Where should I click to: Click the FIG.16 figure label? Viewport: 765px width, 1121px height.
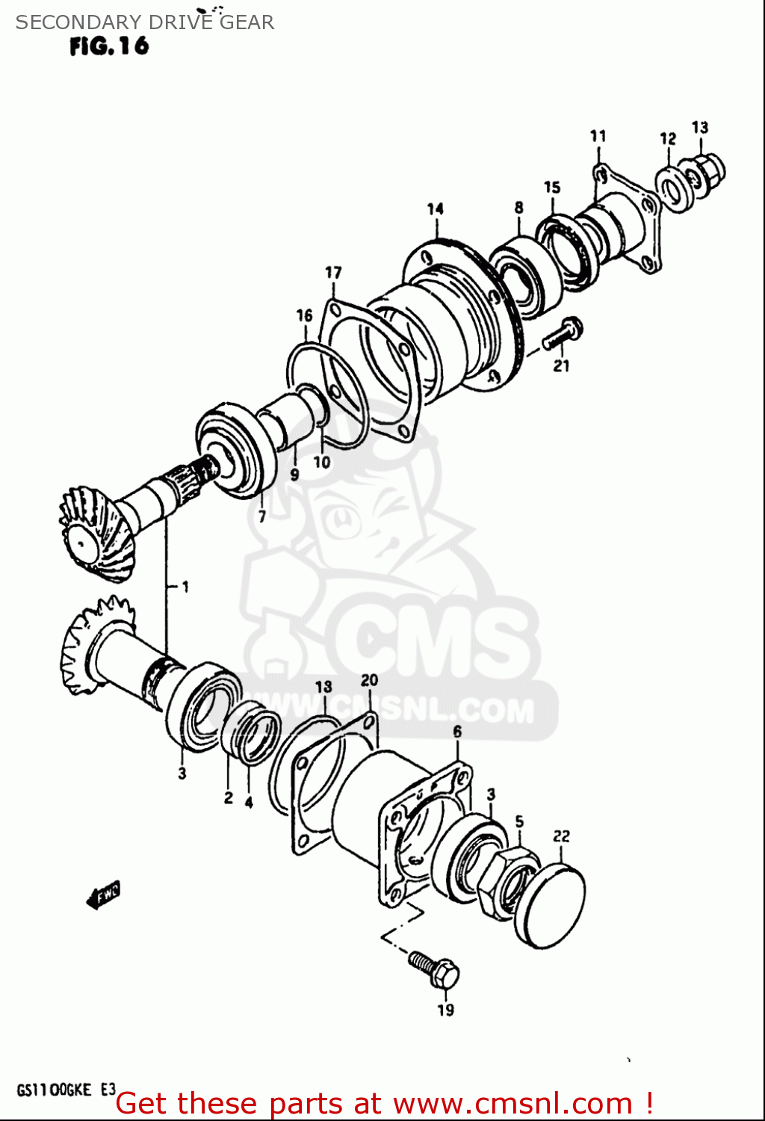[x=109, y=46]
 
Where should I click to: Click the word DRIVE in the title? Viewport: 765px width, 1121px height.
[x=179, y=22]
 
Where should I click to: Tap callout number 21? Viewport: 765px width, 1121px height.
[x=561, y=365]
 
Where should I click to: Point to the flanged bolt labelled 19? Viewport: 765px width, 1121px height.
[x=435, y=969]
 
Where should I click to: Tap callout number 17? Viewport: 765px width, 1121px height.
[x=333, y=273]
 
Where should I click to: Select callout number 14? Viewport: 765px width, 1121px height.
[x=436, y=209]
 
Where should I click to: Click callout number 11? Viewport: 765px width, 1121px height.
[x=598, y=136]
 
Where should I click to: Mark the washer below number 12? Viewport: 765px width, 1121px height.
[x=677, y=190]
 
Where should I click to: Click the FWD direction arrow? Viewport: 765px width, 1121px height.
[x=103, y=894]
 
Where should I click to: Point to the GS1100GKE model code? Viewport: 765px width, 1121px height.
[x=54, y=1090]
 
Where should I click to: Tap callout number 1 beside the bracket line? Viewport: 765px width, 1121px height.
[x=185, y=587]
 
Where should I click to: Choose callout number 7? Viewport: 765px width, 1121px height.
[x=261, y=516]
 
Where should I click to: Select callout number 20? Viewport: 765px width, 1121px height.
[x=369, y=680]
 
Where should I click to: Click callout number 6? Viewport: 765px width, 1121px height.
[x=457, y=732]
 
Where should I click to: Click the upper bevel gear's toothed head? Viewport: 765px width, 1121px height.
[x=93, y=534]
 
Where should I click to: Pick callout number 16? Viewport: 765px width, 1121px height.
[x=304, y=315]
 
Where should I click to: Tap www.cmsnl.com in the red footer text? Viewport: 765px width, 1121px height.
[x=512, y=1104]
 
